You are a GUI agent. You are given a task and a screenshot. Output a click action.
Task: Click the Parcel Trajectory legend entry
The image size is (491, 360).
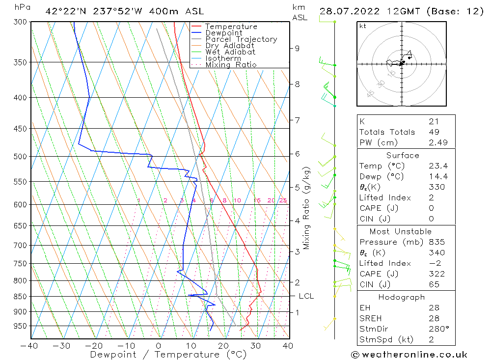[x=241, y=39]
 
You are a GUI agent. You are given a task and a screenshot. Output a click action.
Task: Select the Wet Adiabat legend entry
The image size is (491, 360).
[x=230, y=52]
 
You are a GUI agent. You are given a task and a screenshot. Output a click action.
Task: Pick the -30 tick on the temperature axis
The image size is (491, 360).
[x=61, y=346]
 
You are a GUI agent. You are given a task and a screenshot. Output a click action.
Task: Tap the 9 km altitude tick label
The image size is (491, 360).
[x=297, y=48]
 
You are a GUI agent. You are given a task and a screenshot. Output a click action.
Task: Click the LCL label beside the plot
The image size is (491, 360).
[x=306, y=296]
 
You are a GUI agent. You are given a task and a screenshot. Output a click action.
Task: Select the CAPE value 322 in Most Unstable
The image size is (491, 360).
[x=436, y=274]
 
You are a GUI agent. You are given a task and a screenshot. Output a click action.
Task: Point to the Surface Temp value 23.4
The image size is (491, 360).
[x=438, y=166]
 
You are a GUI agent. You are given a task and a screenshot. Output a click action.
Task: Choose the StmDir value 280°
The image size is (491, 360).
[x=438, y=329]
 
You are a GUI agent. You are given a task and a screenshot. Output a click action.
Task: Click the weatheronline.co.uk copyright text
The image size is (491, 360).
[x=409, y=355]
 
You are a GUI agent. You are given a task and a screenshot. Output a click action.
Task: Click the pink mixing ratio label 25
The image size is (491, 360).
[x=283, y=200]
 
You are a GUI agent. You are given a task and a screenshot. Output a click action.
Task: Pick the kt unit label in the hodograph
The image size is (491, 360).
[x=362, y=27]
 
